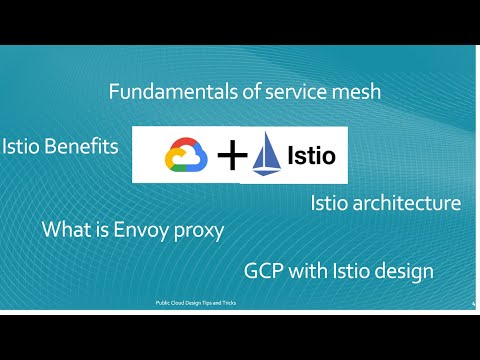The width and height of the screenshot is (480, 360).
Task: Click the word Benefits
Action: click(83, 146)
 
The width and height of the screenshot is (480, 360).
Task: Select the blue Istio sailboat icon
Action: click(269, 156)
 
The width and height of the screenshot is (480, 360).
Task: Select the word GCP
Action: click(265, 271)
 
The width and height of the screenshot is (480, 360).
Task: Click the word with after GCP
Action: click(313, 271)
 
